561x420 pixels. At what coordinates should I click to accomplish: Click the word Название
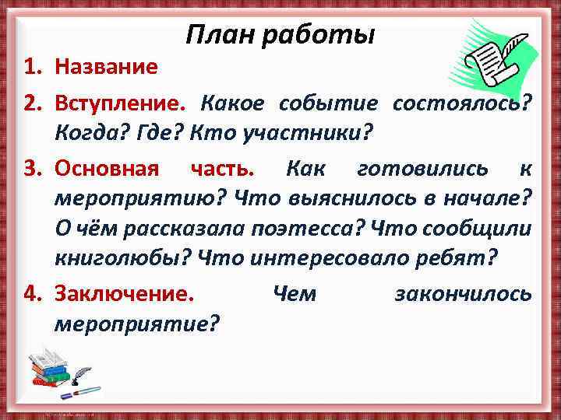pyautogui.click(x=106, y=68)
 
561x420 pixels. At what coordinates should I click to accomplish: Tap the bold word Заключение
pyautogui.click(x=125, y=293)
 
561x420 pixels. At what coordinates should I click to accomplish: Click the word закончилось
pyautogui.click(x=464, y=293)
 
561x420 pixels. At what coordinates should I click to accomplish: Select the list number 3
pyautogui.click(x=32, y=169)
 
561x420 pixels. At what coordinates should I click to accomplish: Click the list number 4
pyautogui.click(x=32, y=293)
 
